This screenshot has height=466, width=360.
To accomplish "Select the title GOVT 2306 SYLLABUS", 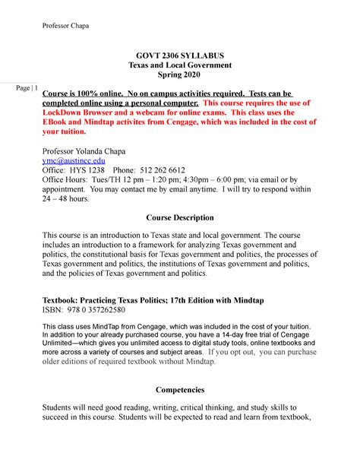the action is [180, 56].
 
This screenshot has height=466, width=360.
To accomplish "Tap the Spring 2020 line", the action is [179, 76].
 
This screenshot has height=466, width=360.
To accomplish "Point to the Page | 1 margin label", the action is [26, 88].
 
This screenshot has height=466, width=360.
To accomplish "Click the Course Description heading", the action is [179, 217].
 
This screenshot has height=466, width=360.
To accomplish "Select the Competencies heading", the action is [179, 389].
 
